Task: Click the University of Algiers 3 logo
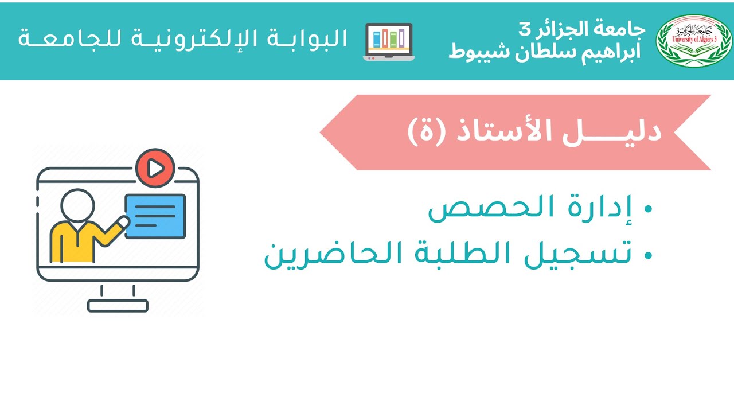693,40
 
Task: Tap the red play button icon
155,167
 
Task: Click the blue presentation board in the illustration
155,216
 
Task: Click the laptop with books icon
389,41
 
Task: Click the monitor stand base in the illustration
118,306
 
